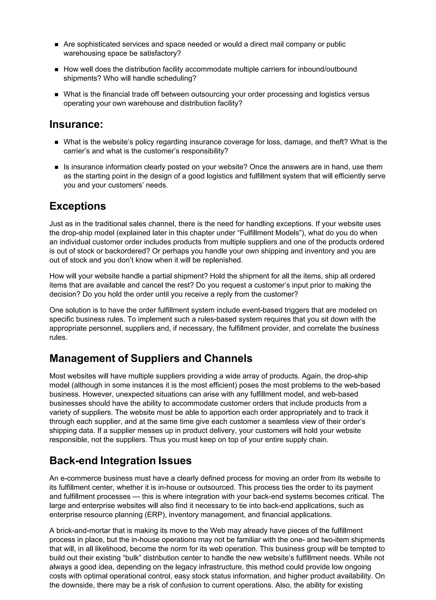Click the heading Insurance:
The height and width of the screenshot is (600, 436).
coord(76,124)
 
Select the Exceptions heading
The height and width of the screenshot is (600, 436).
coord(77,206)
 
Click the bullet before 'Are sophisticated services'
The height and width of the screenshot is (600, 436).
coord(56,45)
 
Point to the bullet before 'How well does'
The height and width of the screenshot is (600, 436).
coord(56,70)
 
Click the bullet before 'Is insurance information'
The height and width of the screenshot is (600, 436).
coord(56,167)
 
